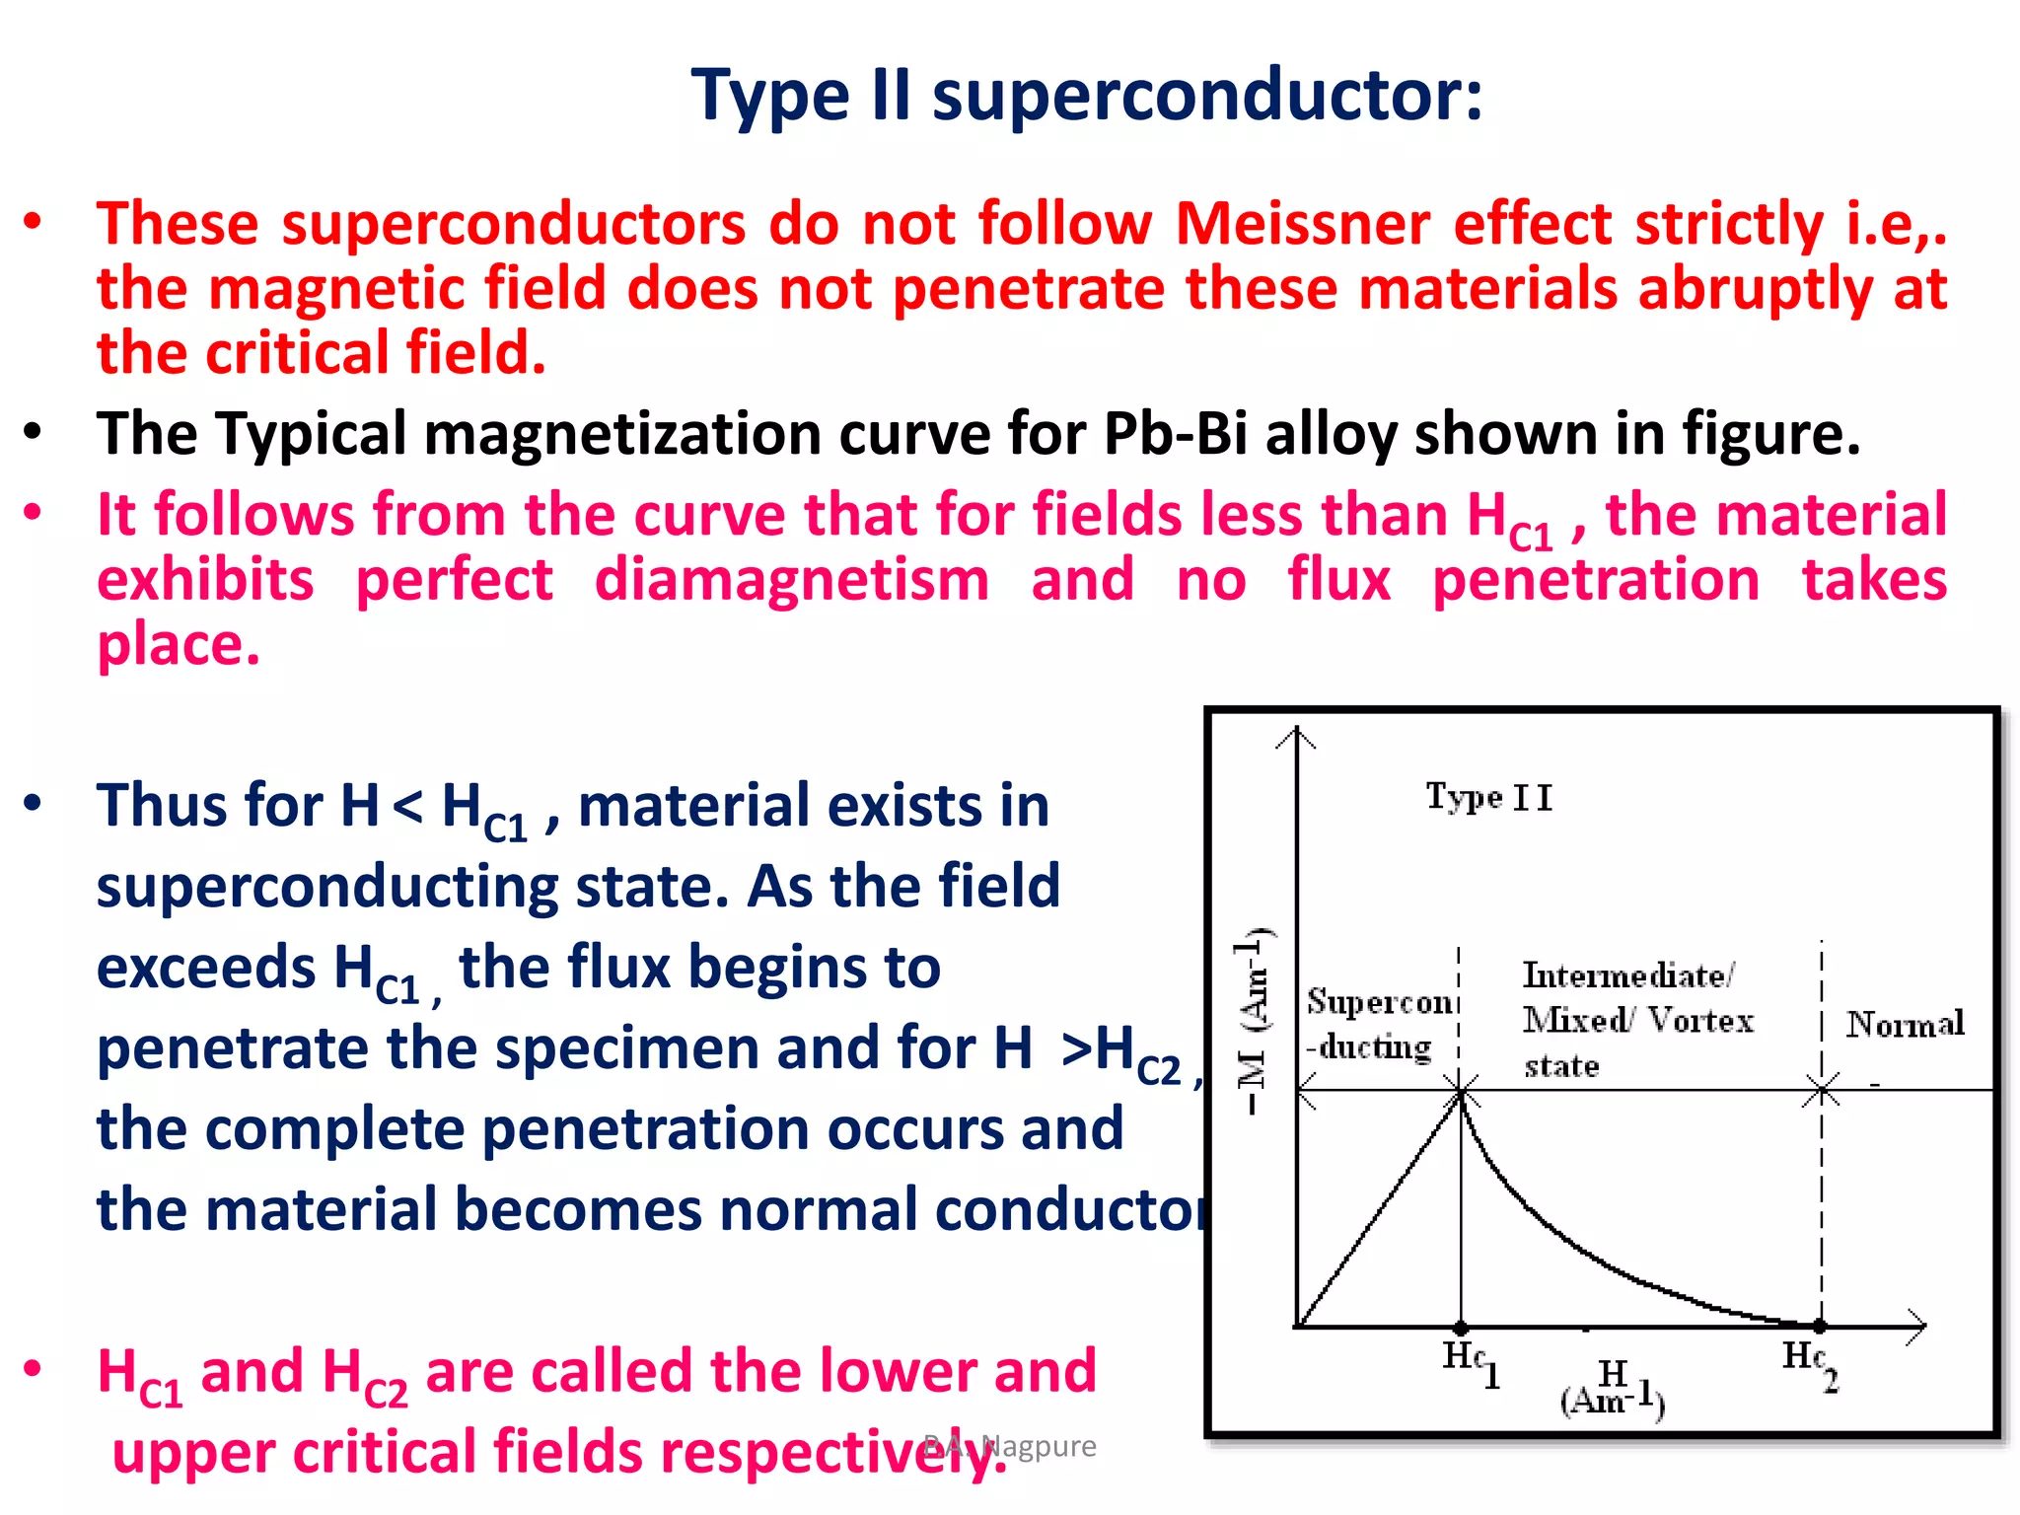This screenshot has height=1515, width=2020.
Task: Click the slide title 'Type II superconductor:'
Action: (x=1086, y=96)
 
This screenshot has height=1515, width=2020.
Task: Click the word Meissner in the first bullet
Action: (x=1302, y=224)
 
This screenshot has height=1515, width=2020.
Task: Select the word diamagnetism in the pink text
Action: (x=791, y=580)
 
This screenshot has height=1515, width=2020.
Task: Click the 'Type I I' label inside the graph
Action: (x=1488, y=797)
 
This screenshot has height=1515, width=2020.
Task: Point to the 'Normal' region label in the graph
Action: (x=1905, y=1024)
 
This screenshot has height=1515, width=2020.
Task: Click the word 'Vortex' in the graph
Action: (x=1700, y=1020)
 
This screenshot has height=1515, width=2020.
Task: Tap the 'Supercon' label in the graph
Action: (x=1379, y=1002)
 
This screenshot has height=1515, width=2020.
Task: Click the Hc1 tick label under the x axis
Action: (x=1470, y=1362)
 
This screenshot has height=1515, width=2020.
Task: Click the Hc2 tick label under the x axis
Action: (x=1810, y=1362)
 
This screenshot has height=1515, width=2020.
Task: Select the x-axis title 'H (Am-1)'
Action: (x=1613, y=1387)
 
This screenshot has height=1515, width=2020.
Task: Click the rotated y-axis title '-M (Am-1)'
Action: (x=1253, y=1021)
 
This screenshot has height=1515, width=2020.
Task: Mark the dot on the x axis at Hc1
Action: (x=1461, y=1328)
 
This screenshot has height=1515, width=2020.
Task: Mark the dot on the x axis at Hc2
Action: (x=1821, y=1327)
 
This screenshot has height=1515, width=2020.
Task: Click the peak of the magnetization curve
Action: (x=1461, y=1096)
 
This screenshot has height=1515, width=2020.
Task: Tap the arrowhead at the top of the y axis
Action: (x=1297, y=735)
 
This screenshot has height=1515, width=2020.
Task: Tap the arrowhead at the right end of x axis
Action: (x=1918, y=1327)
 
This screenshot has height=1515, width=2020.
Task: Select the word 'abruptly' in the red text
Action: (x=1755, y=289)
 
